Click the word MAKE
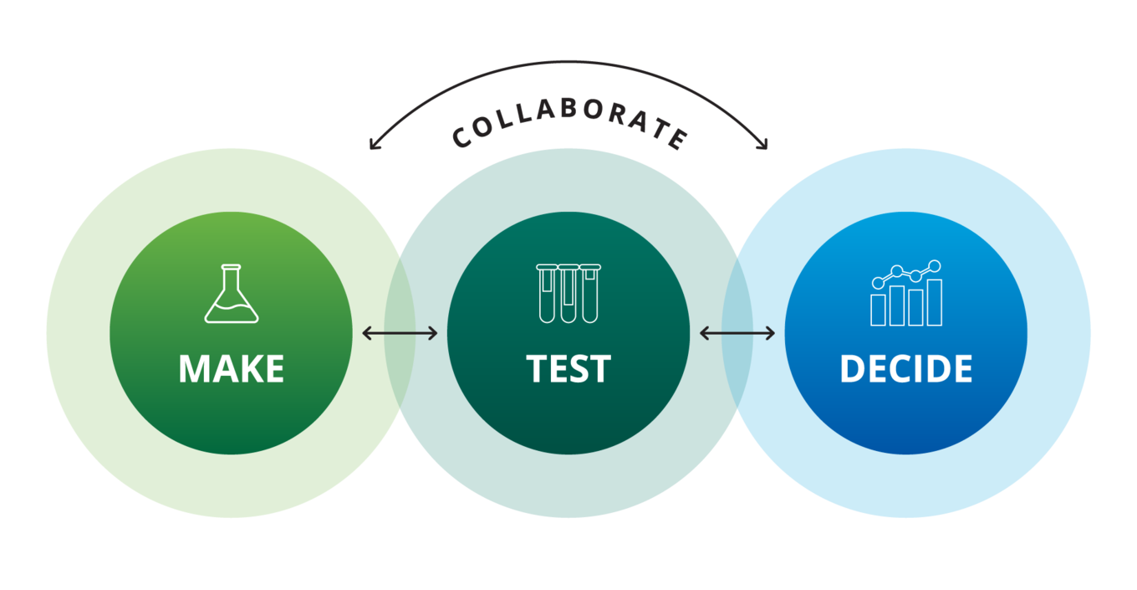pos(231,368)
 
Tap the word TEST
pos(568,368)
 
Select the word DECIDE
pos(906,368)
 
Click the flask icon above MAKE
pos(232,293)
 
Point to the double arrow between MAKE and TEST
pos(400,333)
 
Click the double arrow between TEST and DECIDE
pos(737,333)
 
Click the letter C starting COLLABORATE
pos(461,137)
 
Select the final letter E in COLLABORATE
pos(678,139)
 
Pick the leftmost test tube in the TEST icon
pos(547,294)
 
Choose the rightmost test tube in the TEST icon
pos(590,294)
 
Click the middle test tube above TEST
pos(568,294)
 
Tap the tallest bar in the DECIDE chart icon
pos(935,302)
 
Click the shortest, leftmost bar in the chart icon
pos(878,310)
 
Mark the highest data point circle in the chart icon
pos(935,266)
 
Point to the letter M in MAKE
pos(194,368)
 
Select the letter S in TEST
pos(579,368)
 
